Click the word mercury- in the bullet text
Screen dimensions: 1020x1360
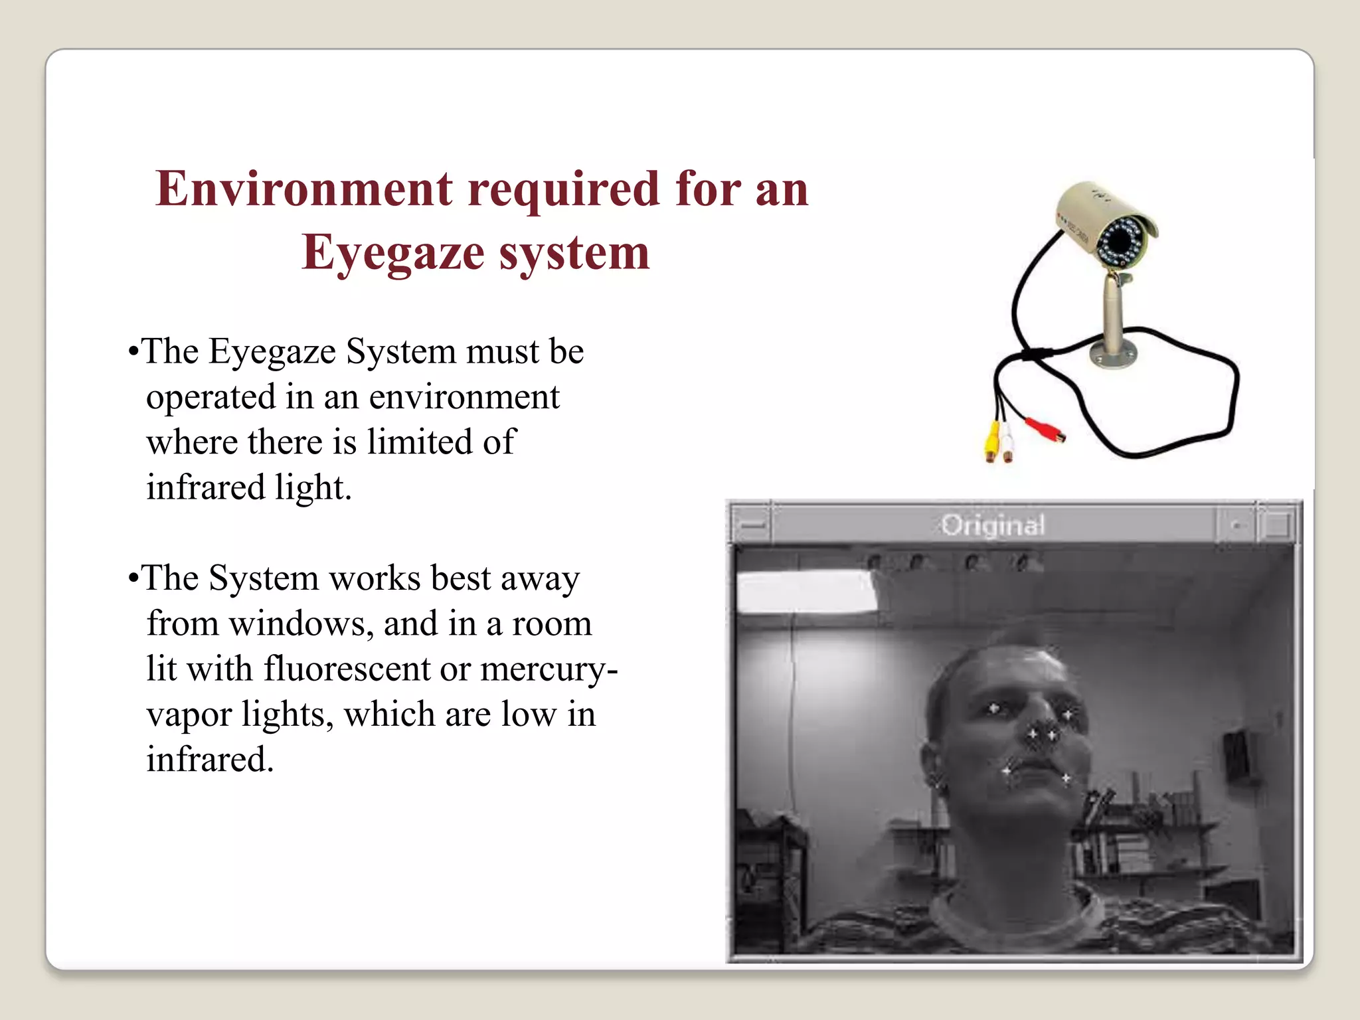click(x=549, y=670)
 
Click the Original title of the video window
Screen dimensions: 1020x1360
click(x=993, y=525)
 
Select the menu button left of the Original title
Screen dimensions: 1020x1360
click(x=752, y=525)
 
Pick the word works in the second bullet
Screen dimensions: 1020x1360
click(x=375, y=578)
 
